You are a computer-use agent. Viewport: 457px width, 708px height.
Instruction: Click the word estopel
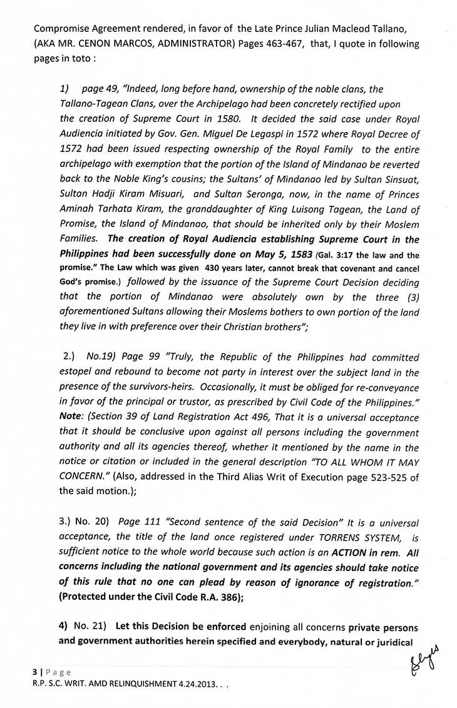coord(80,373)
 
